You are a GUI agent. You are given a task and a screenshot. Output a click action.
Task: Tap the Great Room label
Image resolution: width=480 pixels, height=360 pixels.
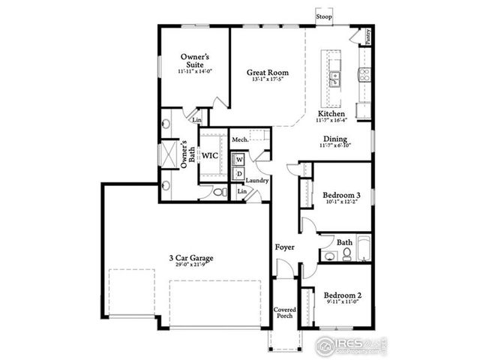(268, 73)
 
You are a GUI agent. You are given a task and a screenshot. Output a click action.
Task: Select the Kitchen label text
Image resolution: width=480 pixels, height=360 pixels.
(331, 114)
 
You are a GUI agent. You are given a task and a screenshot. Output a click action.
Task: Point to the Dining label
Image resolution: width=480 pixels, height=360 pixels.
(334, 139)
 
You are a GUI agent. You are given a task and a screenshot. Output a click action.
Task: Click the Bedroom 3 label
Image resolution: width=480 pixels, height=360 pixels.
(336, 194)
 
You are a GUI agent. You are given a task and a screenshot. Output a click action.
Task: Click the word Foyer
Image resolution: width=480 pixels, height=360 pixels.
(284, 247)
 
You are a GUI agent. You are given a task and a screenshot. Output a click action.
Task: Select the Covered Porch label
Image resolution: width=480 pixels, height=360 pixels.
(284, 312)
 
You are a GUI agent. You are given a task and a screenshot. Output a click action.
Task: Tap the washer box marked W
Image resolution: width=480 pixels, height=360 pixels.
(239, 160)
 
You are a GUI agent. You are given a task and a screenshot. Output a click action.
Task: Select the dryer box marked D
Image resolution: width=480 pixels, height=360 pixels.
(239, 175)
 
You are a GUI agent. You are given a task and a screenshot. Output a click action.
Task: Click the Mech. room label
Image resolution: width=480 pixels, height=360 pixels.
(240, 139)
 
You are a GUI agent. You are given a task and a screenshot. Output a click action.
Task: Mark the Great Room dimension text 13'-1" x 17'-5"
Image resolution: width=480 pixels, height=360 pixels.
(268, 81)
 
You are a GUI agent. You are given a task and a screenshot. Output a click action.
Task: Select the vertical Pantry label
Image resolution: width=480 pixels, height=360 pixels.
(367, 35)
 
